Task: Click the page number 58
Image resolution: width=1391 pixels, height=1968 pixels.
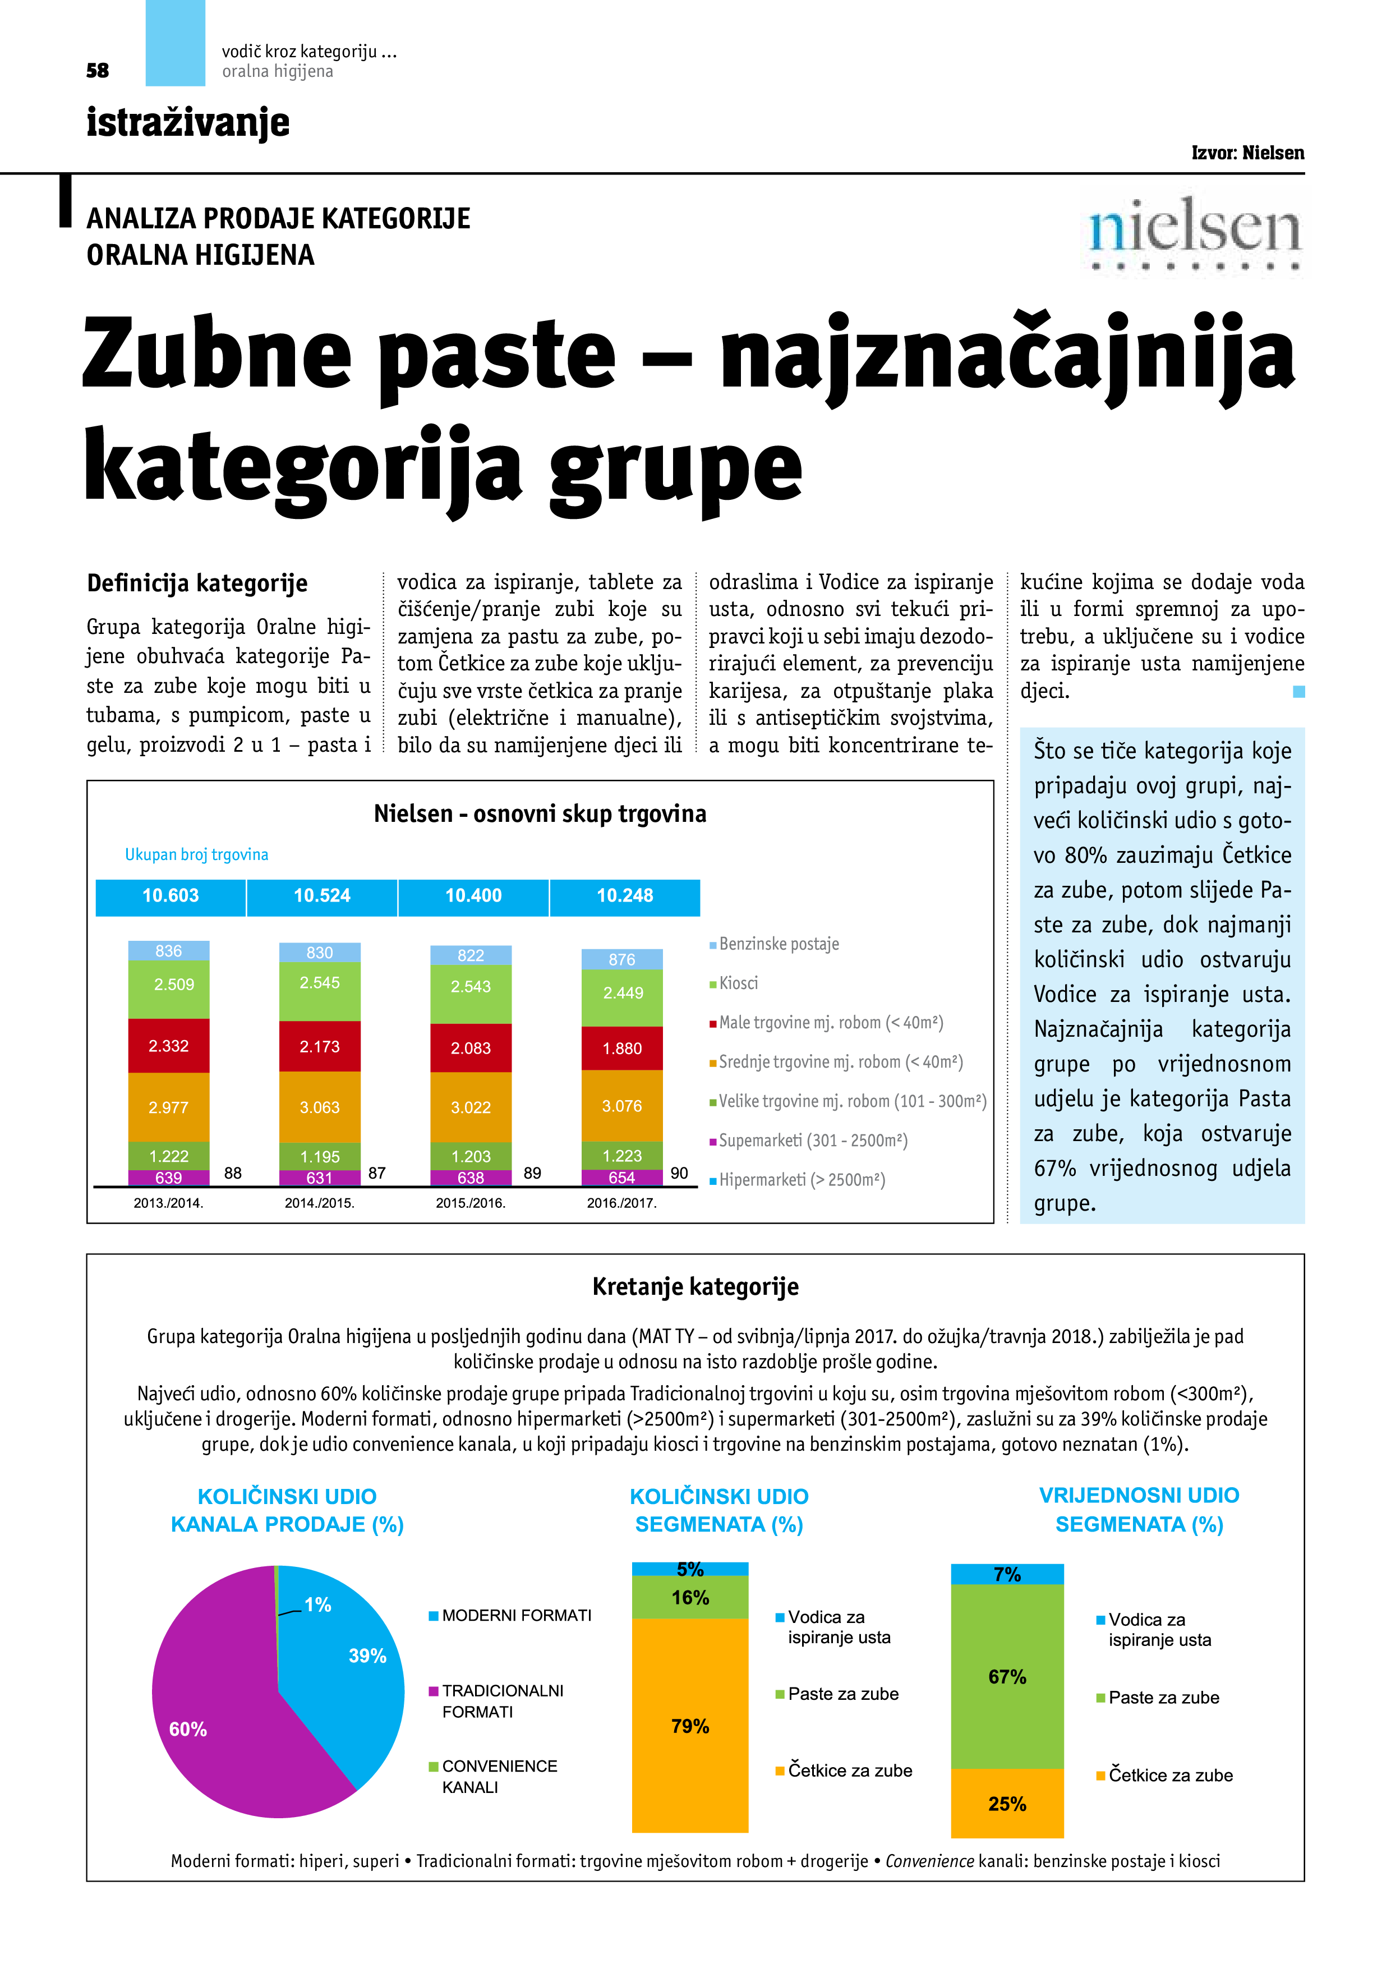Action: coord(98,70)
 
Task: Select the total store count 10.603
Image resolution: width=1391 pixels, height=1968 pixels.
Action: coord(171,896)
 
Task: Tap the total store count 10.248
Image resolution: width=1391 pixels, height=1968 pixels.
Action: coord(625,896)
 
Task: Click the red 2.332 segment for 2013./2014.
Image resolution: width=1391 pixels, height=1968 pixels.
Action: coord(169,1046)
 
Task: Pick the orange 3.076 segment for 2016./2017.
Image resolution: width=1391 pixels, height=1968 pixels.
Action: coord(622,1106)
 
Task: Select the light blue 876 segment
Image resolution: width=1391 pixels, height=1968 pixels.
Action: coord(622,959)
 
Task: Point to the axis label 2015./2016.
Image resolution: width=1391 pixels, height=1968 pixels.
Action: coord(471,1203)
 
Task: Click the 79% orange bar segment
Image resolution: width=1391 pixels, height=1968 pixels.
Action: coord(690,1726)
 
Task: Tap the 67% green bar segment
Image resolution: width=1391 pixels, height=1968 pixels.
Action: coord(1007,1676)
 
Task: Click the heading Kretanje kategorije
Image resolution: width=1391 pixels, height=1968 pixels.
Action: coord(695,1286)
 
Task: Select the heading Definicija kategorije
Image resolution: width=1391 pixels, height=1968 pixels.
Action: coord(197,583)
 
